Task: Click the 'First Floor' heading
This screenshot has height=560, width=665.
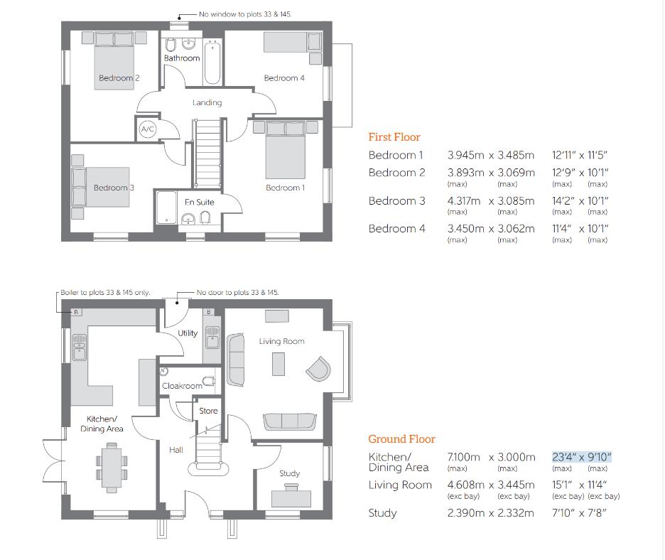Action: click(394, 137)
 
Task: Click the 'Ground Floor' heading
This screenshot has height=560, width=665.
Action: click(401, 439)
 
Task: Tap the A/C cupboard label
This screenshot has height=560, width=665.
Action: click(148, 129)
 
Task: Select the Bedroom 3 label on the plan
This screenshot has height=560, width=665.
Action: click(114, 188)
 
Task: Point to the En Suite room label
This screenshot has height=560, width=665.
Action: click(199, 203)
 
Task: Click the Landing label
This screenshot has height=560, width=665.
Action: click(207, 102)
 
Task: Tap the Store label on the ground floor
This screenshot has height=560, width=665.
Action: click(208, 411)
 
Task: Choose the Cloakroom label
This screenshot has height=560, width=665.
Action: click(182, 386)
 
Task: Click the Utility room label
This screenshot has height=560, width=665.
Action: click(188, 333)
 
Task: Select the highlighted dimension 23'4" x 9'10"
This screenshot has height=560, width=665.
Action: click(581, 457)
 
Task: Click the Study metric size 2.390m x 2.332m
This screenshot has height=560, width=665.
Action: click(490, 513)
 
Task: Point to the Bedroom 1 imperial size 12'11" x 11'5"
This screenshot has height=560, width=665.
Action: click(580, 155)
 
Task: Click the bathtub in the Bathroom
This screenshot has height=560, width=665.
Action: click(213, 63)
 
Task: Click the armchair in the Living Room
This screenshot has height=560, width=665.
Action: click(318, 368)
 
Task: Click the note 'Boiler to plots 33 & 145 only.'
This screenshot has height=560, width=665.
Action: click(106, 292)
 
